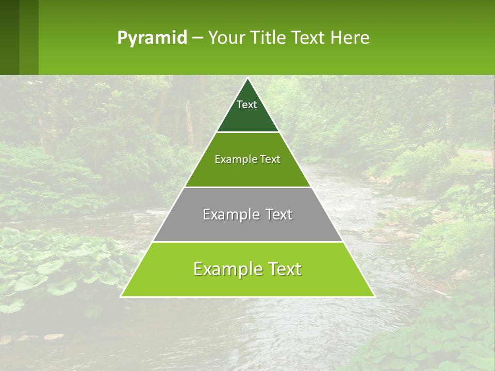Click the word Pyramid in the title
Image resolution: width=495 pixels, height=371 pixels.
point(152,38)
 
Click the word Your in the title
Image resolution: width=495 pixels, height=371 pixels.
point(225,38)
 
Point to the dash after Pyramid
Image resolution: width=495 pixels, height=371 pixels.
point(197,38)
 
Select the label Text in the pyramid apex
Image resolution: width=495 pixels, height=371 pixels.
point(247,105)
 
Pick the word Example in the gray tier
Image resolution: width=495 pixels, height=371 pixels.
point(229,214)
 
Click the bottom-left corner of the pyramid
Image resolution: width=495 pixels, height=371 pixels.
point(121,296)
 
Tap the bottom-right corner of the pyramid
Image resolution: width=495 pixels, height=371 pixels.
point(374,296)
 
